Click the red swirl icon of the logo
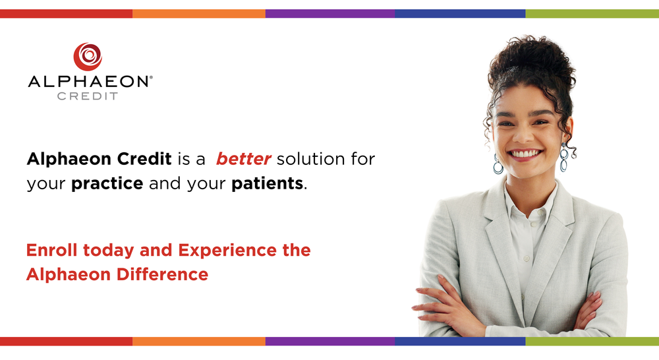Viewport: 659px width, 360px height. [88, 57]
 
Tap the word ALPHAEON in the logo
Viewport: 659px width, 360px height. [88, 82]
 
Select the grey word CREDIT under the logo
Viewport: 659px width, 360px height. [88, 96]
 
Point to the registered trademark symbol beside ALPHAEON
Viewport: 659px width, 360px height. [152, 77]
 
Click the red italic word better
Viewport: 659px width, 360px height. [243, 159]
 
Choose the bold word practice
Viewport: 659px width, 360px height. [107, 183]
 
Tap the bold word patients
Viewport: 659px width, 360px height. [268, 183]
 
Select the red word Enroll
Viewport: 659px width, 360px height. [51, 251]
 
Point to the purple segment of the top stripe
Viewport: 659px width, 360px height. [329, 13]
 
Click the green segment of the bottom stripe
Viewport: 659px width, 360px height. [592, 342]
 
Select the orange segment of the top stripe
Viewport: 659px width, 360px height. [198, 13]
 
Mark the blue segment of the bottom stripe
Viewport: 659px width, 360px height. [460, 342]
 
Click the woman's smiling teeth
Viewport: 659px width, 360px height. [525, 153]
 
